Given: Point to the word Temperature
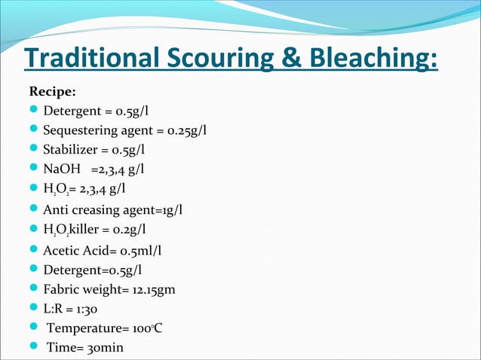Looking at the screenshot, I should coord(82,328).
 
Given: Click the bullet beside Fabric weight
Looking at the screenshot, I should coord(34,288).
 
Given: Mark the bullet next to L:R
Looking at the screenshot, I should coord(34,308).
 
